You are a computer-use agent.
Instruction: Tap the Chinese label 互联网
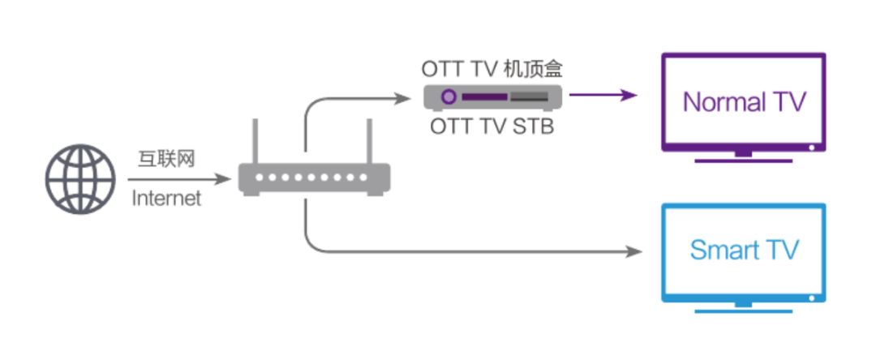tap(165, 159)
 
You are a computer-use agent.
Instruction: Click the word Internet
tap(165, 198)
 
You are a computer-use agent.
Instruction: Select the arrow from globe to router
tap(178, 178)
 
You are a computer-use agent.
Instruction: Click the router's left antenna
tap(255, 142)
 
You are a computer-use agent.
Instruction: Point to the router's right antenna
tap(369, 142)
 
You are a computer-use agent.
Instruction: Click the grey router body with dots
tap(314, 178)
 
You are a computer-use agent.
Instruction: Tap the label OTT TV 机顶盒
tap(492, 69)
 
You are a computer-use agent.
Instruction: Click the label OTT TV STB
tap(492, 126)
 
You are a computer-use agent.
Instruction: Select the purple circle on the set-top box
tap(448, 97)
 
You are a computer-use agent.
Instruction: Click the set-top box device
tap(493, 97)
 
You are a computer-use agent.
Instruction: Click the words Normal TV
tap(744, 102)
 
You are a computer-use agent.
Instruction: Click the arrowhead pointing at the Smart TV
tap(634, 252)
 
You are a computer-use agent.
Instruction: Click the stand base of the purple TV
tap(743, 160)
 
